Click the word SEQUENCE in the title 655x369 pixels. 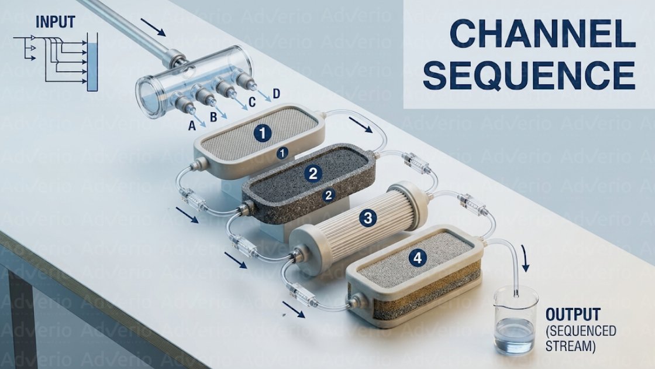pos(529,76)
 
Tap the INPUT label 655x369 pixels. pos(56,22)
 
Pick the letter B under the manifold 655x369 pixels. pos(213,117)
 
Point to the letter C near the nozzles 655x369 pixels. pos(252,102)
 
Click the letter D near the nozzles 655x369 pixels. pos(276,93)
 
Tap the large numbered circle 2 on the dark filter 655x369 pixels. pos(313,173)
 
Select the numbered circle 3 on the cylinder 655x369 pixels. pos(368,218)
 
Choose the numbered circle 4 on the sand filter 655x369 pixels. pos(416,257)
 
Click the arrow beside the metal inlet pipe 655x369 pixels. pos(154,26)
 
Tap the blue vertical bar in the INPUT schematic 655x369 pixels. pos(91,62)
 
